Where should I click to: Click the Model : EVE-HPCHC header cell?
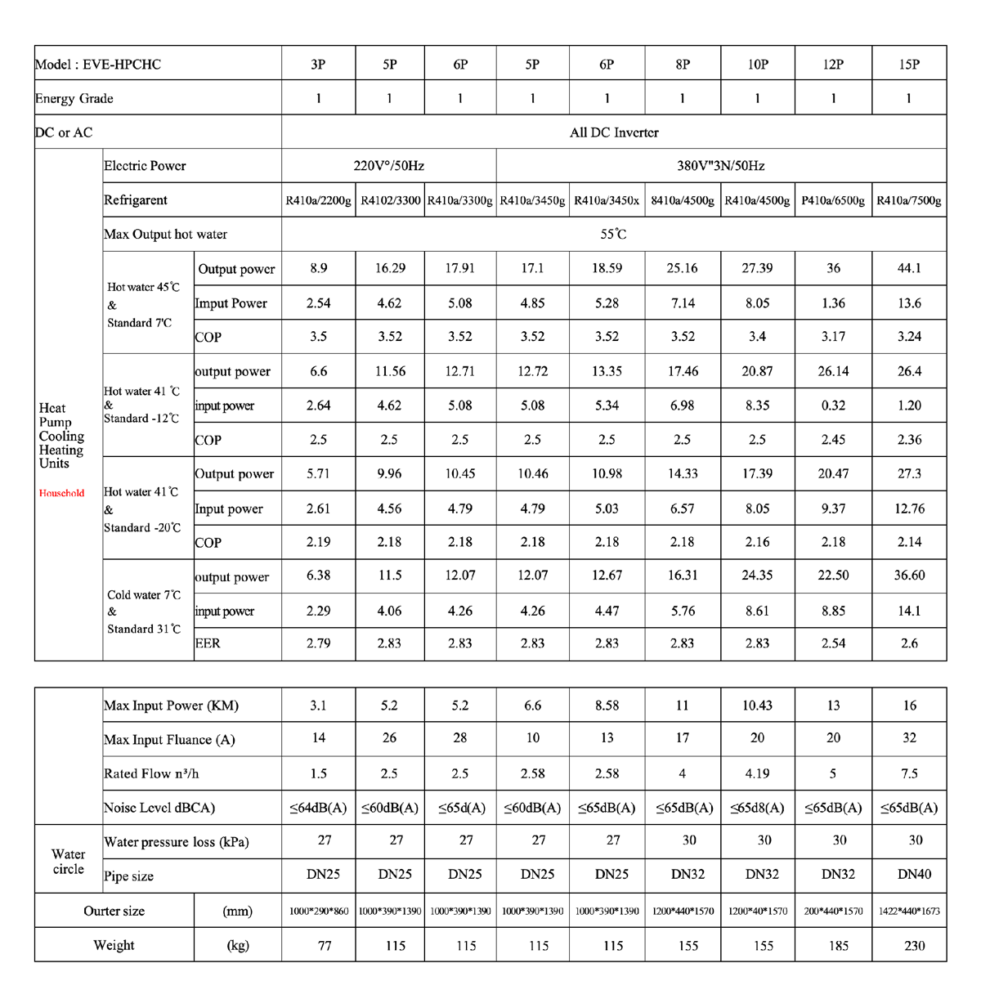(x=98, y=65)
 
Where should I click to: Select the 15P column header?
(x=909, y=65)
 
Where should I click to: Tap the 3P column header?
(x=318, y=65)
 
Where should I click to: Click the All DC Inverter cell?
(x=614, y=132)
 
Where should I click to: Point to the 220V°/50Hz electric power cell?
(x=388, y=166)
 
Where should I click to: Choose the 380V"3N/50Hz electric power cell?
(x=720, y=166)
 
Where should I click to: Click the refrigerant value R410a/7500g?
(x=909, y=200)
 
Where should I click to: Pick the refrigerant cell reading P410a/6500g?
(x=833, y=200)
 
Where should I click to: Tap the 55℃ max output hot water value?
(x=614, y=235)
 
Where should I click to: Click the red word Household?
(x=62, y=493)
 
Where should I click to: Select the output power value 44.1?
(x=909, y=268)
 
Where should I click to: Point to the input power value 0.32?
(x=833, y=405)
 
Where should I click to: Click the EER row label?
(x=208, y=643)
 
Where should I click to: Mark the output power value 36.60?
(x=909, y=576)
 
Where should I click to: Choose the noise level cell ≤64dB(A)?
(x=318, y=808)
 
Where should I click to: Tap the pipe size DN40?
(x=914, y=875)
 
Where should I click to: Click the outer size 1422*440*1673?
(x=909, y=911)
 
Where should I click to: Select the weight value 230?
(x=914, y=946)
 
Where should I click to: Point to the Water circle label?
(x=69, y=862)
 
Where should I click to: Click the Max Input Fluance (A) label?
(x=169, y=740)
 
